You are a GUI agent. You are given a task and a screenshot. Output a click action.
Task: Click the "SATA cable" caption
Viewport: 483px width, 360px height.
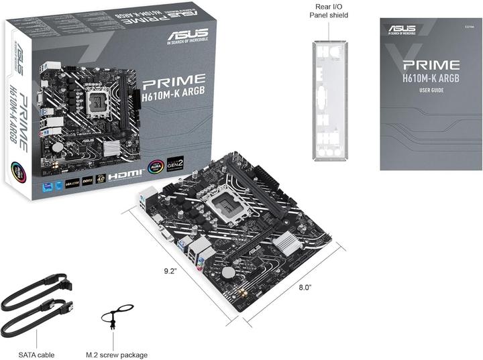pyautogui.click(x=38, y=355)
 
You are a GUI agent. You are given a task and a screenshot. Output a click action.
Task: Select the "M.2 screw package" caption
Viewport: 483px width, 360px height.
pyautogui.click(x=117, y=355)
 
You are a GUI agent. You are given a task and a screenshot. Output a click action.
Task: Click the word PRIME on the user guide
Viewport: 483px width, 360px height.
pyautogui.click(x=431, y=65)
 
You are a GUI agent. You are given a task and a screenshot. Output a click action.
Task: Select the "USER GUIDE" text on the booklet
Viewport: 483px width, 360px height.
pyautogui.click(x=431, y=90)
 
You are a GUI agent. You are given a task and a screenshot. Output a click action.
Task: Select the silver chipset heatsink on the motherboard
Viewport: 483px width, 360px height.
pyautogui.click(x=292, y=245)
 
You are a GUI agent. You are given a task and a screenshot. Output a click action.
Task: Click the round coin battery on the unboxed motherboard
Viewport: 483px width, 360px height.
pyautogui.click(x=229, y=272)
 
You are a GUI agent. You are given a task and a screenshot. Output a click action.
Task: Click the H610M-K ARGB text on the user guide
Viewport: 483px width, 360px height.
pyautogui.click(x=431, y=79)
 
